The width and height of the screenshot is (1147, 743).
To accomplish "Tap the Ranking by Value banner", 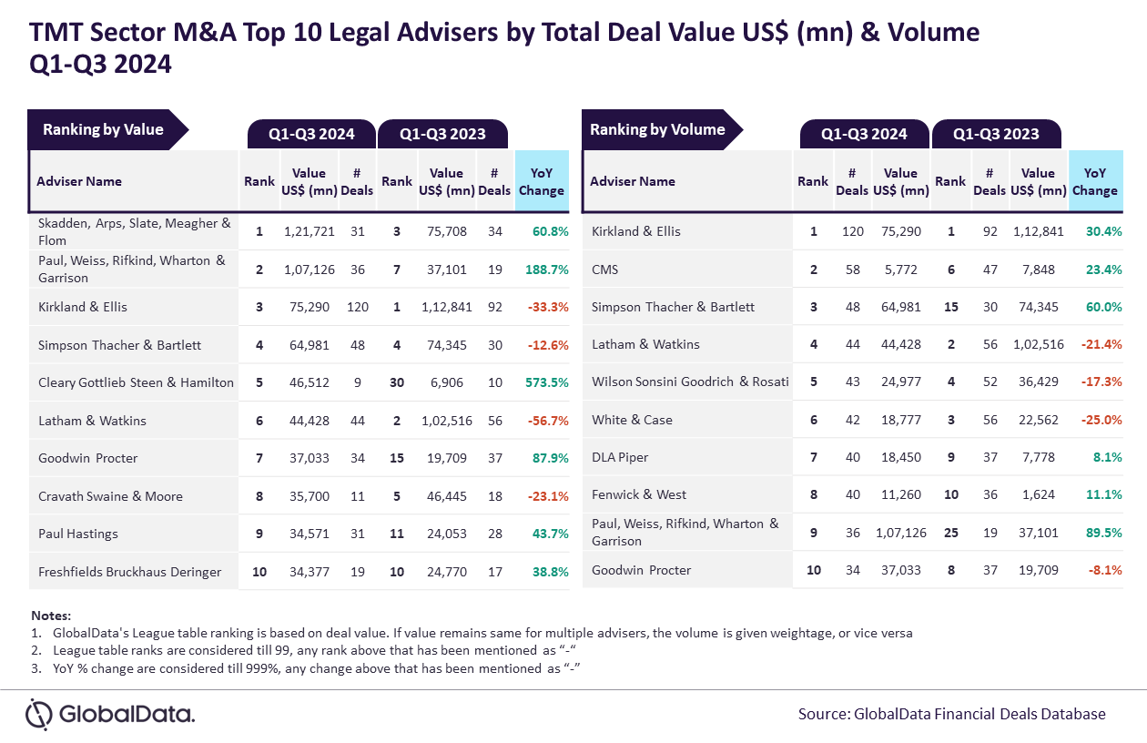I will coord(104,129).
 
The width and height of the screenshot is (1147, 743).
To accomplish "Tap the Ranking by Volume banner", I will coord(657,129).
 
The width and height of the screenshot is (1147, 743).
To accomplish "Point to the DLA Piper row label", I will coord(621,457).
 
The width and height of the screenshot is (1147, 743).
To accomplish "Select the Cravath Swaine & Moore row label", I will coord(110,496).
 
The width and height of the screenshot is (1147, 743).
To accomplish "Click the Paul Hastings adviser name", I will coord(78,534).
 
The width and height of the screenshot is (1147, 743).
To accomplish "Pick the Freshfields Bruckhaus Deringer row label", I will coord(129,572).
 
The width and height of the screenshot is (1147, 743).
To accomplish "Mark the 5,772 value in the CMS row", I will coord(900,270).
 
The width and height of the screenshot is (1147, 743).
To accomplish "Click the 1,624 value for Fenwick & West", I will coord(1038,494).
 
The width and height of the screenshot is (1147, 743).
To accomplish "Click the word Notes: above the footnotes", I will coord(51,616).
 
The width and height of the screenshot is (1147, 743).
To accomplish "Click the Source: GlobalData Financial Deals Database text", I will coord(951,714).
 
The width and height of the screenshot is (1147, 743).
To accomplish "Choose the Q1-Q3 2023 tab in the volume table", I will coord(996,134).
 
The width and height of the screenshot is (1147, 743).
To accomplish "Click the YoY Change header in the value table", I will coord(542,181).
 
